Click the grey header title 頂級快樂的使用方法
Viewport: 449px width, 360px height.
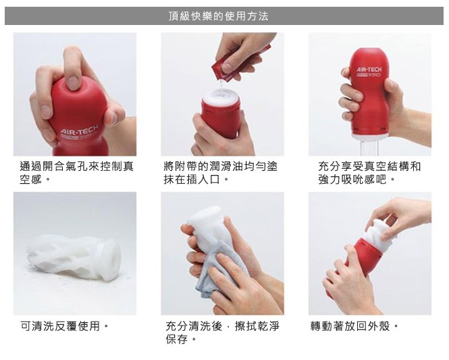pyautogui.click(x=219, y=16)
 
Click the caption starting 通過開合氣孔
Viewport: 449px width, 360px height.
pyautogui.click(x=76, y=173)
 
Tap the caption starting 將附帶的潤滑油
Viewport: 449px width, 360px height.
pyautogui.click(x=221, y=173)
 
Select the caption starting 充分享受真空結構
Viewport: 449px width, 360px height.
pyautogui.click(x=369, y=173)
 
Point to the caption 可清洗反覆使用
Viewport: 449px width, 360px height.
pyautogui.click(x=65, y=326)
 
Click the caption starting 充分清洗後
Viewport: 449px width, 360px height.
pyautogui.click(x=222, y=332)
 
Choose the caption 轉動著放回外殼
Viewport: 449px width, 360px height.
pyautogui.click(x=354, y=326)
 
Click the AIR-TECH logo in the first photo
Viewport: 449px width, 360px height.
pyautogui.click(x=79, y=130)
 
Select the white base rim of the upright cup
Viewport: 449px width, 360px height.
pyautogui.click(x=370, y=136)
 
